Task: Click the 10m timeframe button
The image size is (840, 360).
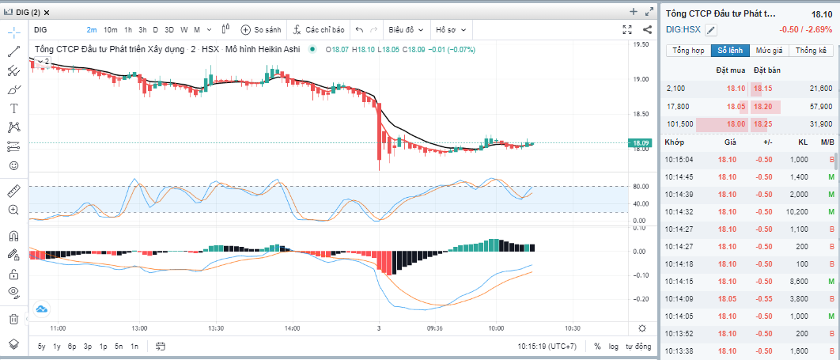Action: point(110,30)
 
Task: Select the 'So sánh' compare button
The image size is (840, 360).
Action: point(261,30)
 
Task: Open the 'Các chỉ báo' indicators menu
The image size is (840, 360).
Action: point(319,30)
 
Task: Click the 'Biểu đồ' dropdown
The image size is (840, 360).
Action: point(406,30)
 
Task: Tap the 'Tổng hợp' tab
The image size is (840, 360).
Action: point(688,51)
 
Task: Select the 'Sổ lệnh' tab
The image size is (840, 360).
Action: point(730,51)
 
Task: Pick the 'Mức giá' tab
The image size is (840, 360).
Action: point(769,51)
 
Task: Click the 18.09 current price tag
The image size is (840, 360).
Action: point(639,143)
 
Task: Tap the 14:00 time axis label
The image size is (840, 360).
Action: point(292,328)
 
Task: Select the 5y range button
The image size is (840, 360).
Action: point(41,347)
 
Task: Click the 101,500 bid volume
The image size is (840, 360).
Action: point(680,124)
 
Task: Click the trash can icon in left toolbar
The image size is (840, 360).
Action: point(13,319)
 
